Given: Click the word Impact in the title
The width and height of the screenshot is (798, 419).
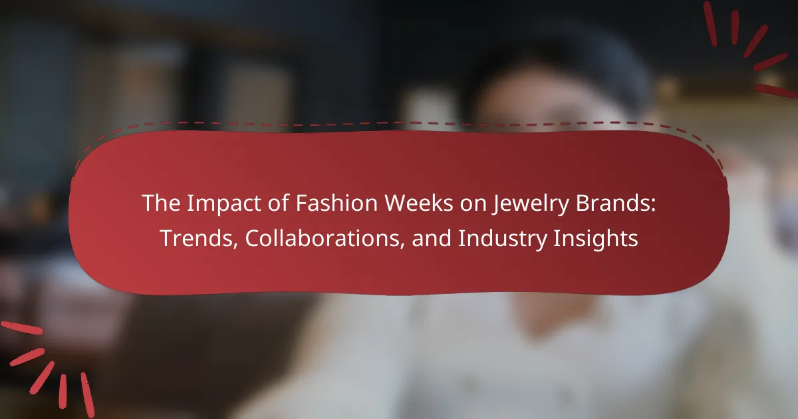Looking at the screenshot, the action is pyautogui.click(x=223, y=204).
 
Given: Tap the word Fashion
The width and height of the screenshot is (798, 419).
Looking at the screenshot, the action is pyautogui.click(x=336, y=203).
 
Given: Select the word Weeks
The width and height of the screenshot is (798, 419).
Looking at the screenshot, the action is pyautogui.click(x=419, y=203).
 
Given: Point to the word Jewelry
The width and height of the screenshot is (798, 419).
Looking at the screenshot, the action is pyautogui.click(x=530, y=204).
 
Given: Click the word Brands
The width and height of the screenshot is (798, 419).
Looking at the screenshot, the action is pyautogui.click(x=612, y=203).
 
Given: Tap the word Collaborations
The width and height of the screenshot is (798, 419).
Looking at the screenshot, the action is pyautogui.click(x=322, y=237).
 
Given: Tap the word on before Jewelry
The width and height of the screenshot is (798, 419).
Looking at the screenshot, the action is pyautogui.click(x=473, y=206).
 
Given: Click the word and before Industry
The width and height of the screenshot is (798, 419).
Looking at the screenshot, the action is pyautogui.click(x=432, y=238).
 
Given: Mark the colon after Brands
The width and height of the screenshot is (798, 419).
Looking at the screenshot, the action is pyautogui.click(x=653, y=206).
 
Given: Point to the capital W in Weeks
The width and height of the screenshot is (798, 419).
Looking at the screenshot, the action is pyautogui.click(x=396, y=204).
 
